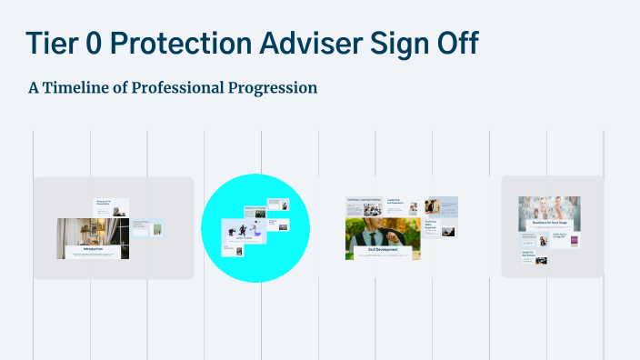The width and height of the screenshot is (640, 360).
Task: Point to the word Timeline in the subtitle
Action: pyautogui.click(x=83, y=88)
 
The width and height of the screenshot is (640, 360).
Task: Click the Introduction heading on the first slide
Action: pyautogui.click(x=94, y=248)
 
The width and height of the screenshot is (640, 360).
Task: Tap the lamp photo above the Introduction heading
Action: pyautogui.click(x=93, y=231)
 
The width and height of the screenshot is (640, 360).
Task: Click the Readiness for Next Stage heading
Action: pyautogui.click(x=549, y=225)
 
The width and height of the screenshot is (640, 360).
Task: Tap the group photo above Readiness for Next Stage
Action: pyautogui.click(x=549, y=209)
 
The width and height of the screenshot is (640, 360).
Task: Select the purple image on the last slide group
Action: pyautogui.click(x=575, y=241)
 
